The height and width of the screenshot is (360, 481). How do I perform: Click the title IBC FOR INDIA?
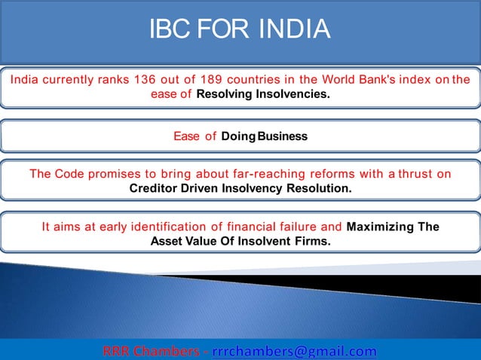point(240,29)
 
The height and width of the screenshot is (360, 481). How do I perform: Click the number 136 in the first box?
point(146,80)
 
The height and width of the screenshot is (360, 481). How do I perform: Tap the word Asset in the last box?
point(167,241)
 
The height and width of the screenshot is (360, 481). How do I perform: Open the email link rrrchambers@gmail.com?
point(294,351)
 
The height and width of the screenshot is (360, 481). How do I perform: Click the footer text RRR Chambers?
point(149,351)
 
